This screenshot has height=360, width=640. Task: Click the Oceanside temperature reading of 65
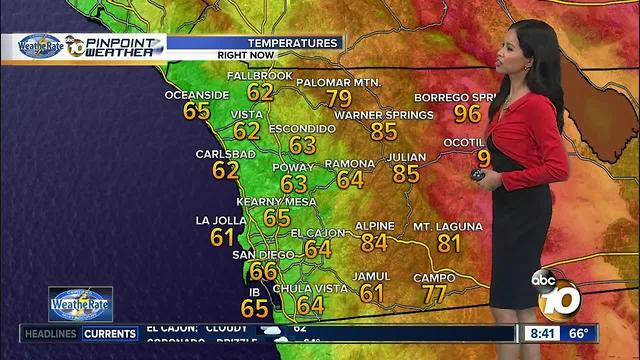(x=197, y=111)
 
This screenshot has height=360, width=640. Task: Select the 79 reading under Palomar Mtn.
(x=339, y=98)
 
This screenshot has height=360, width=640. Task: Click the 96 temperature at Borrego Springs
(x=467, y=113)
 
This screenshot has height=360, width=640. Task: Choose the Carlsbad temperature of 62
(x=225, y=170)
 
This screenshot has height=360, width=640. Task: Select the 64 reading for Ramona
(x=350, y=180)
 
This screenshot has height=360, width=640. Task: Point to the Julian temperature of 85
(x=406, y=173)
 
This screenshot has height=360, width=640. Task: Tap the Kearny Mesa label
(x=276, y=201)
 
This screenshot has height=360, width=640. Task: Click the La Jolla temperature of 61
(x=222, y=237)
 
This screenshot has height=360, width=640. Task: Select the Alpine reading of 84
(x=373, y=241)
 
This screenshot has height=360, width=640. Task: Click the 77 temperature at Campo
(x=433, y=294)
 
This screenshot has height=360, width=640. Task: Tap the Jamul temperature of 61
(x=372, y=293)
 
